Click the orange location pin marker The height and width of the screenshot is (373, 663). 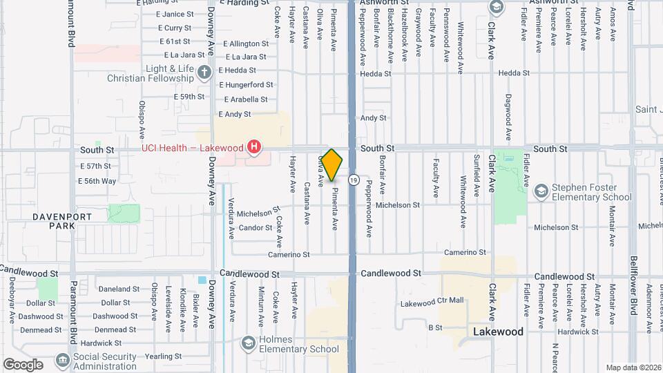[x=331, y=164]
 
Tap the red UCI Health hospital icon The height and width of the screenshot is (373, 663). [x=255, y=147]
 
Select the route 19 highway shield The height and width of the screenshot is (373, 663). [x=354, y=180]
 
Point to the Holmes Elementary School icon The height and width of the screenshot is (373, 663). [x=247, y=343]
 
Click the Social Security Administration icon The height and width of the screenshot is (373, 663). [x=62, y=359]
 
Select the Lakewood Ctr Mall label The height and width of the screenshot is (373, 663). [x=432, y=301]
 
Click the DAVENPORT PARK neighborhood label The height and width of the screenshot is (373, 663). [x=62, y=221]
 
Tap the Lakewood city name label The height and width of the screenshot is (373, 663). [x=498, y=332]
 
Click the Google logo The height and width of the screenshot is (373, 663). [x=23, y=364]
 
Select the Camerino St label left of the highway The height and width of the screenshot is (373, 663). [x=290, y=255]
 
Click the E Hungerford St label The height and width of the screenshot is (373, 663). [x=246, y=85]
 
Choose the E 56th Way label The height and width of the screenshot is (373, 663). [x=98, y=181]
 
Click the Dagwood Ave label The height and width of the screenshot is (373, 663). [x=508, y=116]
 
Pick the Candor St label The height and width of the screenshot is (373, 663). [x=256, y=227]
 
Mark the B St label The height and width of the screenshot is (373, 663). [x=435, y=327]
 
